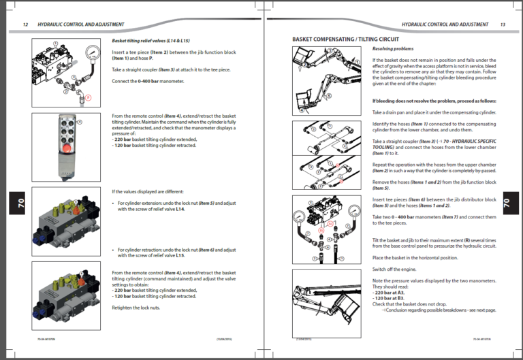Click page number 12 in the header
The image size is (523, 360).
(x=25, y=24)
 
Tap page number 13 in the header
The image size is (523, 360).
(x=503, y=24)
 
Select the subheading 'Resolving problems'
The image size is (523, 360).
(x=393, y=49)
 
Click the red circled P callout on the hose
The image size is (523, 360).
(x=87, y=99)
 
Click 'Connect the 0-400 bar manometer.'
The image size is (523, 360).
(x=148, y=82)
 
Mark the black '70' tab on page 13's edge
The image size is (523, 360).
(x=506, y=203)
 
